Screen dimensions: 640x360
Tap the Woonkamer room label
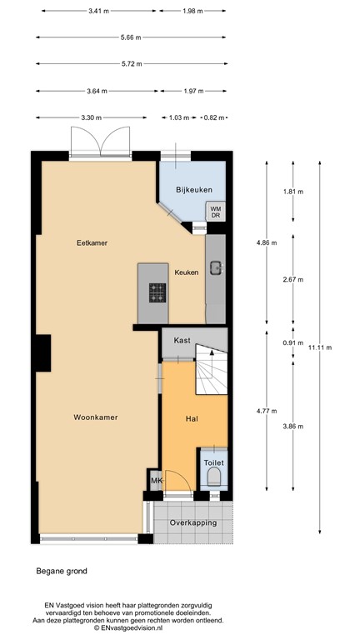click(x=94, y=417)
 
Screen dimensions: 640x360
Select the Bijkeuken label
click(x=193, y=190)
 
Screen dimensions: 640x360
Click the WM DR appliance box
click(x=216, y=212)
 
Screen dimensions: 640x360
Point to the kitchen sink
click(x=215, y=267)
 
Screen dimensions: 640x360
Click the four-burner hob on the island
click(x=157, y=292)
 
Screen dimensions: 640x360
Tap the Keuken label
click(x=187, y=272)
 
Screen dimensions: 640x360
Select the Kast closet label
click(x=182, y=341)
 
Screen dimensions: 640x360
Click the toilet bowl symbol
click(x=214, y=477)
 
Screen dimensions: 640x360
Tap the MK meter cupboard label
click(x=156, y=481)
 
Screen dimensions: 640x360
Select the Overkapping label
click(x=193, y=522)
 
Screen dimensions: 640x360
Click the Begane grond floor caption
click(x=61, y=571)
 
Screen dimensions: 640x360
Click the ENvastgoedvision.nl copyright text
click(x=180, y=628)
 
